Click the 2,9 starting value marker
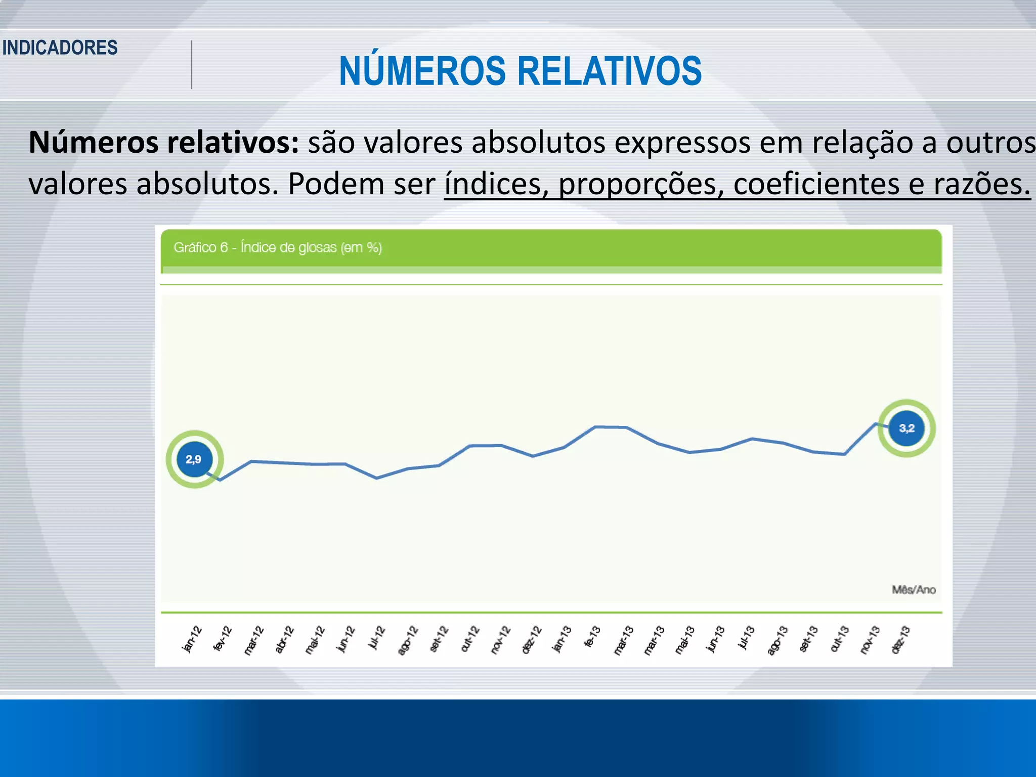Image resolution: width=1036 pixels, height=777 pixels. tap(194, 459)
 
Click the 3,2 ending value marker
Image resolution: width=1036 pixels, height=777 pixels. tap(906, 428)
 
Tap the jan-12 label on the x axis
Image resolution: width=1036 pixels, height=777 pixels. tap(192, 639)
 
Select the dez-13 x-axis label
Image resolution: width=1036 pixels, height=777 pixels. tap(900, 639)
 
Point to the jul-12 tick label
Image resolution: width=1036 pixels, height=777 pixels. tap(377, 638)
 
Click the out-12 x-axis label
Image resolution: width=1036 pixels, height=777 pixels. tap(470, 639)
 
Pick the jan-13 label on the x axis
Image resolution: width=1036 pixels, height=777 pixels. tap(562, 639)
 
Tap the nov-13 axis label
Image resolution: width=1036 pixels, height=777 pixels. tap(870, 639)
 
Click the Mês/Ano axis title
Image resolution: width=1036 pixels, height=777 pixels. tap(914, 590)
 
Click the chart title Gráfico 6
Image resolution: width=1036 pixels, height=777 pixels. tap(277, 247)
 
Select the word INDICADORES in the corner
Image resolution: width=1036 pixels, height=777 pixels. tap(60, 48)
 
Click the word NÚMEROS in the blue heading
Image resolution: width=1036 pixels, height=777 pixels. tap(422, 71)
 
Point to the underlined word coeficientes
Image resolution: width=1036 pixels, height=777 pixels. tap(816, 184)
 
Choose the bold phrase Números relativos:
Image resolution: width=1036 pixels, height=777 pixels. tap(164, 142)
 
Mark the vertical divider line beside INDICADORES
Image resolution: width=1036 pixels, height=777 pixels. tap(192, 65)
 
